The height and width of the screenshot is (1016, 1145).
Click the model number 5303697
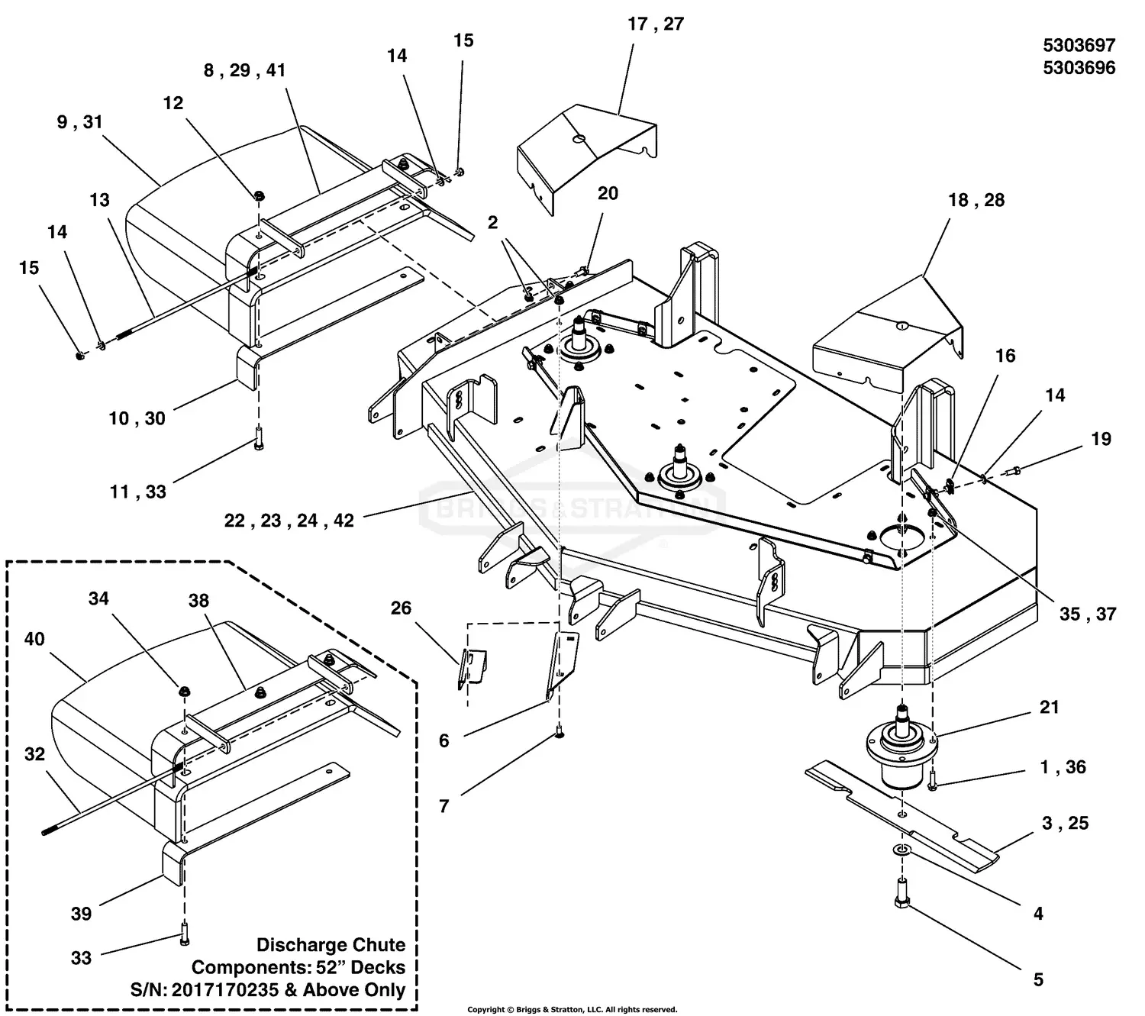1079,45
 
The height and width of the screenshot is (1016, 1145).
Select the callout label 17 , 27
655,24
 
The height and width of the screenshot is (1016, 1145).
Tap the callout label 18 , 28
976,200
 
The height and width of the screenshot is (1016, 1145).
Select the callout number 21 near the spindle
1050,707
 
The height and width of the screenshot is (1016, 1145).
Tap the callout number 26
401,608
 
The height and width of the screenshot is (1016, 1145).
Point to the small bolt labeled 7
560,733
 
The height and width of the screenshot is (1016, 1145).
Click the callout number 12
173,103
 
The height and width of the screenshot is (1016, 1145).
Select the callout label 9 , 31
79,122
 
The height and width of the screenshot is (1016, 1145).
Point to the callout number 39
81,914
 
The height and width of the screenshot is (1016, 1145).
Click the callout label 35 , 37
1088,614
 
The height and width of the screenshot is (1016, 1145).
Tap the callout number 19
1101,439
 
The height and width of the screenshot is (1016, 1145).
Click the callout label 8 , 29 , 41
244,70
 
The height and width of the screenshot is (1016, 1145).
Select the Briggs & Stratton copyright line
572,1009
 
